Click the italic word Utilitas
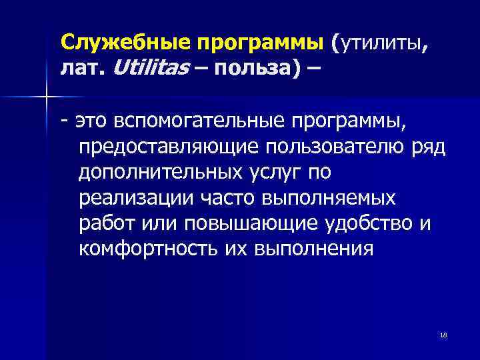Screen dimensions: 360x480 [147, 68]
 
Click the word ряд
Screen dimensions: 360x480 [437, 147]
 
